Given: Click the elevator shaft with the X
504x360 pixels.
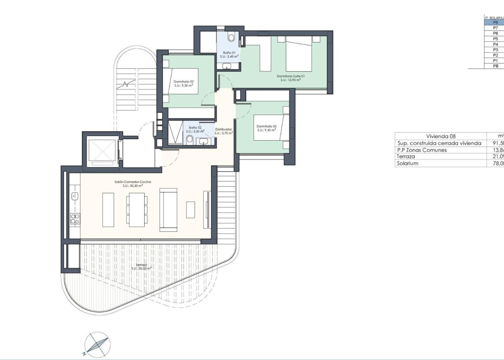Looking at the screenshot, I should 101,150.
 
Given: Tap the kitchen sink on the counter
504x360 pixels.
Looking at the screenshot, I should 75,197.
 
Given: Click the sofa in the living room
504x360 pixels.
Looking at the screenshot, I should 167,209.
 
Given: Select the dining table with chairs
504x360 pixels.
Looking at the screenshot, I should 136,209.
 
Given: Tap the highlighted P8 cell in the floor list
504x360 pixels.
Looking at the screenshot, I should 495,23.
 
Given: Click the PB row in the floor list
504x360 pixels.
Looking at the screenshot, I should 495,66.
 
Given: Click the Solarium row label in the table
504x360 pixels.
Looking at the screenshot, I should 408,164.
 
